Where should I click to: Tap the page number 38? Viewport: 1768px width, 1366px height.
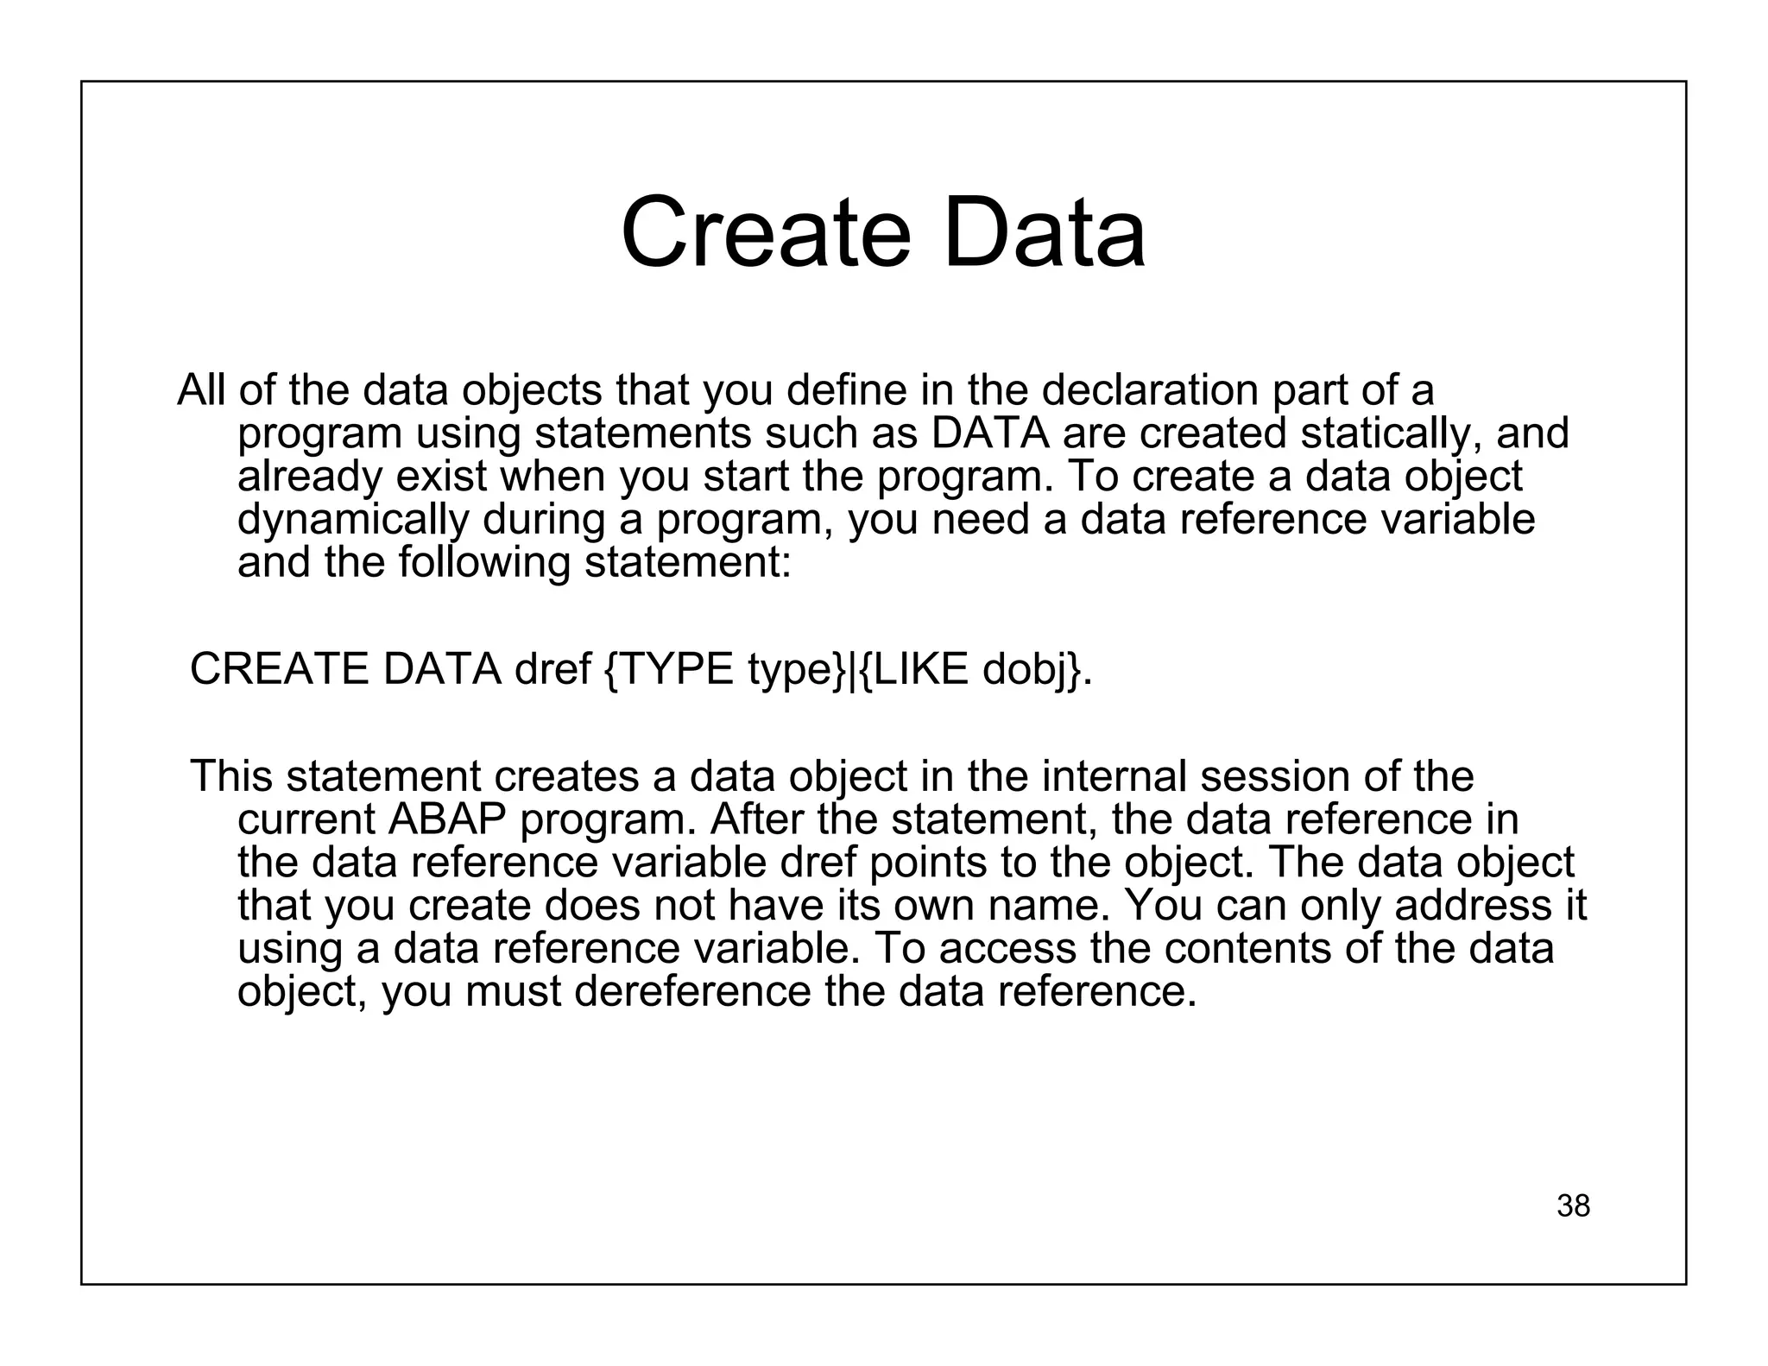click(1573, 1205)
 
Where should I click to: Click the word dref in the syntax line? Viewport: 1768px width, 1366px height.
click(552, 669)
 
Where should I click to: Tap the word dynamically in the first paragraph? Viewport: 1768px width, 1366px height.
click(353, 520)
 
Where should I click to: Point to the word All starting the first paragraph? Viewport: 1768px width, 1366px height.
click(201, 390)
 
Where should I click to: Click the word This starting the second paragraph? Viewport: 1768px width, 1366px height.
click(230, 776)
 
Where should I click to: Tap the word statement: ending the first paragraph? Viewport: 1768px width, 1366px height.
click(687, 563)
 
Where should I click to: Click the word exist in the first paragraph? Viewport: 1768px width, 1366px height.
click(440, 477)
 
